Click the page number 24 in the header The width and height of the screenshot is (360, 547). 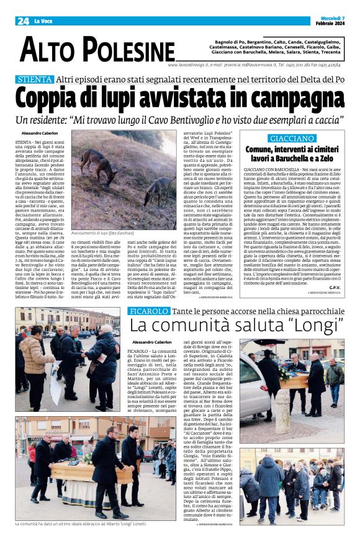click(x=23, y=21)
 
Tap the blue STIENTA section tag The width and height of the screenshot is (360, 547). click(x=34, y=79)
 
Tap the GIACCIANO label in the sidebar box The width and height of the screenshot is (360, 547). click(x=291, y=138)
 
